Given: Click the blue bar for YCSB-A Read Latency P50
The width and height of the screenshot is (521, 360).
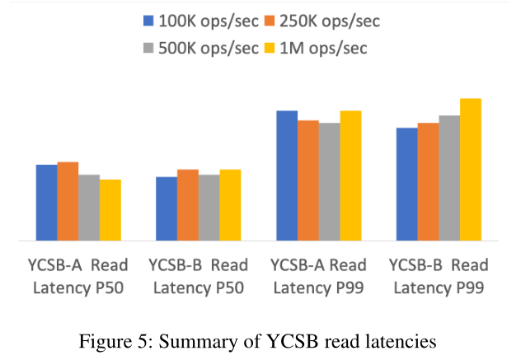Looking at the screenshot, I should click(46, 203).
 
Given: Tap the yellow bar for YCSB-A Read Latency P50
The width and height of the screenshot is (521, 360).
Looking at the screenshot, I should click(110, 210).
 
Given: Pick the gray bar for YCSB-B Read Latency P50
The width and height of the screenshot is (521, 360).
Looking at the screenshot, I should click(209, 208).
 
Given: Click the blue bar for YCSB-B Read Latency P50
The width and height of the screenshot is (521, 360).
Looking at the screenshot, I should click(167, 209).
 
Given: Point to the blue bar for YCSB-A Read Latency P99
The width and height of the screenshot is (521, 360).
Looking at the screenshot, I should click(287, 175).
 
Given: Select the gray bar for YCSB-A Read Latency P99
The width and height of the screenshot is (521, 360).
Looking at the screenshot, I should click(330, 182).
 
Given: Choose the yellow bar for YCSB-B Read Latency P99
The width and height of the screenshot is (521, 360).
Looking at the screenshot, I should click(471, 170).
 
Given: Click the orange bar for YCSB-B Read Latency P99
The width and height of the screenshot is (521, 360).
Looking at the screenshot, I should click(429, 182).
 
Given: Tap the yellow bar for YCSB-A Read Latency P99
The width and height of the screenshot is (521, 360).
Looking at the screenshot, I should click(351, 175).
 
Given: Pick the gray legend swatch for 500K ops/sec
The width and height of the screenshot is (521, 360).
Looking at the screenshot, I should click(149, 48).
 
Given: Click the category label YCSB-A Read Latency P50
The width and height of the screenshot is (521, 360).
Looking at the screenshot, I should click(78, 277).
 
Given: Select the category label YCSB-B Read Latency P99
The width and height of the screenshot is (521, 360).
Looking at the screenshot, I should click(438, 277).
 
